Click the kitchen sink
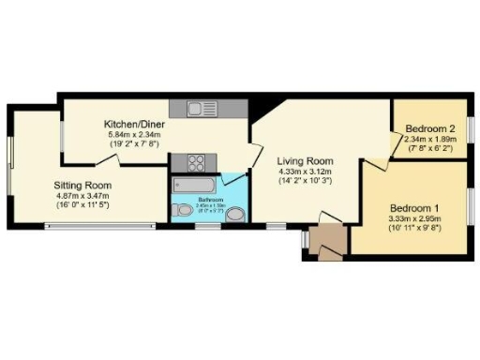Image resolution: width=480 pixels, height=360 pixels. tap(201, 108)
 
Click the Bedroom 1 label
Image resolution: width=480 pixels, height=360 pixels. tap(414, 207)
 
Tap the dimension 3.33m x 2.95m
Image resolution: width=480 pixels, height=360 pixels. tap(414, 218)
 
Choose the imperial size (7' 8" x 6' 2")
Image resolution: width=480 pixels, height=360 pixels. tap(428, 148)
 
